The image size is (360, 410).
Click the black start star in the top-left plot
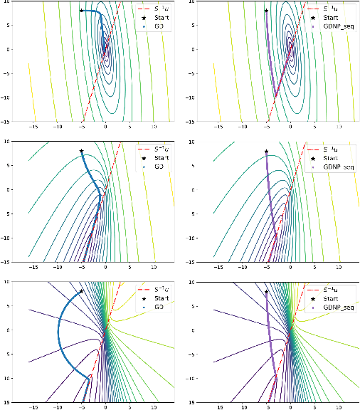[82, 11]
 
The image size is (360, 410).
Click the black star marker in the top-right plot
[266, 11]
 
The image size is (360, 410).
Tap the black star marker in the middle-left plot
[82, 151]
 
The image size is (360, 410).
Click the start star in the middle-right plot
[266, 151]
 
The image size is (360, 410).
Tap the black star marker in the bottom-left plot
[82, 291]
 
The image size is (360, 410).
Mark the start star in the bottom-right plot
[266, 291]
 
